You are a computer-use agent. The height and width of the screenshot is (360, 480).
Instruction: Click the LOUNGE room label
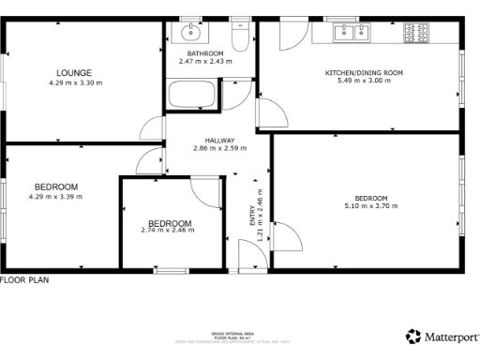click(x=73, y=72)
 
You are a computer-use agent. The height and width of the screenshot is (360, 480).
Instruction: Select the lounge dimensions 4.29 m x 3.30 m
click(x=75, y=82)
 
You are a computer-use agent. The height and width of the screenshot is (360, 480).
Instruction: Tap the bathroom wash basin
click(x=190, y=34)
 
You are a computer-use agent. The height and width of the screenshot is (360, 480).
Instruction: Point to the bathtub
click(x=190, y=96)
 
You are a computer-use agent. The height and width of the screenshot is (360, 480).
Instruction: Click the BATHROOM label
click(x=204, y=53)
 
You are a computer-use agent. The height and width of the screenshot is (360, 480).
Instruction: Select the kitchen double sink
click(x=352, y=34)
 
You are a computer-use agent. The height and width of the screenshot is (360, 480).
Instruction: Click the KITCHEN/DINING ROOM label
click(x=364, y=72)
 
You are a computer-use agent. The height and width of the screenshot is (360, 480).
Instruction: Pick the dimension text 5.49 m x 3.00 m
click(x=364, y=82)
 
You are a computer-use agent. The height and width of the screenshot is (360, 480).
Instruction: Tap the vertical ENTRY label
click(x=251, y=216)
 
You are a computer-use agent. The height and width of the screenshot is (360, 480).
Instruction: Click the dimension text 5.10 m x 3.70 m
click(x=372, y=206)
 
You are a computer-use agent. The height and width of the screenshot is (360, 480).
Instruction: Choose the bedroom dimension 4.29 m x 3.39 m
click(x=56, y=197)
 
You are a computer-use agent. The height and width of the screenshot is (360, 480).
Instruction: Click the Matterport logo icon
click(x=412, y=336)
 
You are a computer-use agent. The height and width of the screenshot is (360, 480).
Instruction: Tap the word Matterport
click(x=450, y=336)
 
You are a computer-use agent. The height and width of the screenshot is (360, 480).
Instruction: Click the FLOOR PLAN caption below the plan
click(x=24, y=279)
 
